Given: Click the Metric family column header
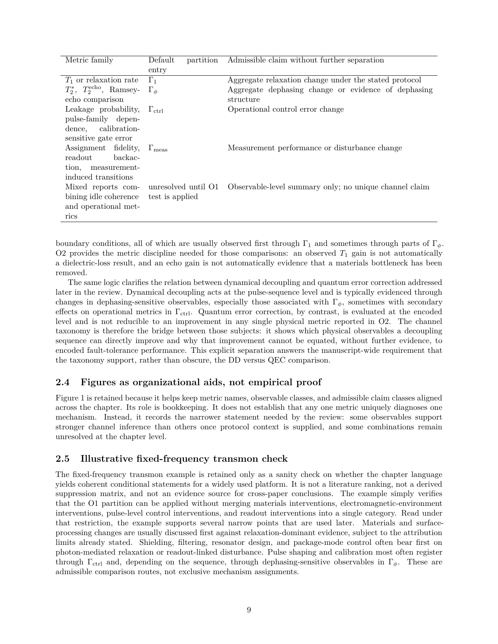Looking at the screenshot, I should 89,60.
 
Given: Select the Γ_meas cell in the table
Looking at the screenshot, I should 158,148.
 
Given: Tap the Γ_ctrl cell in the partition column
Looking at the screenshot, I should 156,110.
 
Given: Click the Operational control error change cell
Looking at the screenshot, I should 286,109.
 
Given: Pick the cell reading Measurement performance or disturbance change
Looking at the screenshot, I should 314,148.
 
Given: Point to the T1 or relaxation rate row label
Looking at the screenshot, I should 102,80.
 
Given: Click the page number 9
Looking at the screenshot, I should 249,610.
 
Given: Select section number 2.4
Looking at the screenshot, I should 62,382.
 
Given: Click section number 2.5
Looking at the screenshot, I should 62,459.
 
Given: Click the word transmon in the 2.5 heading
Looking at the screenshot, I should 232,459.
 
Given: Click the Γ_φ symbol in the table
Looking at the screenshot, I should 153,90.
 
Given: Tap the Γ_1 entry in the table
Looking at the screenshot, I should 152,80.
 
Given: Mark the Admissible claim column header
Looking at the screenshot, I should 305,60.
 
